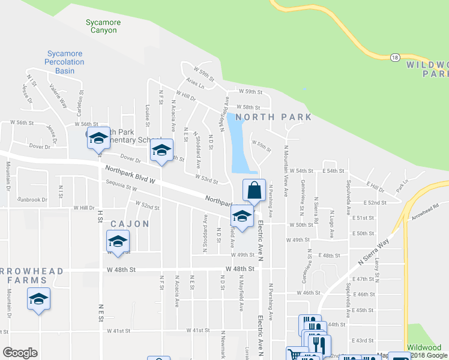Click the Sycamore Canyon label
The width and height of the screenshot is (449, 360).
[103, 26]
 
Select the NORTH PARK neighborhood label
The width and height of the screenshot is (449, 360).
[273, 117]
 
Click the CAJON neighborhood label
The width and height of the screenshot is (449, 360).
[130, 224]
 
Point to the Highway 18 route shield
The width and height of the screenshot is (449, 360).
[394, 57]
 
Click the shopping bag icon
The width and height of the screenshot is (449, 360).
[254, 190]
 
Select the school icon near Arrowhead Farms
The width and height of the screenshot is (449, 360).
[38, 299]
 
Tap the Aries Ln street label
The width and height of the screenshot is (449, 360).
[195, 85]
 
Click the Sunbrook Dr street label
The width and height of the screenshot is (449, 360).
[32, 199]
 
